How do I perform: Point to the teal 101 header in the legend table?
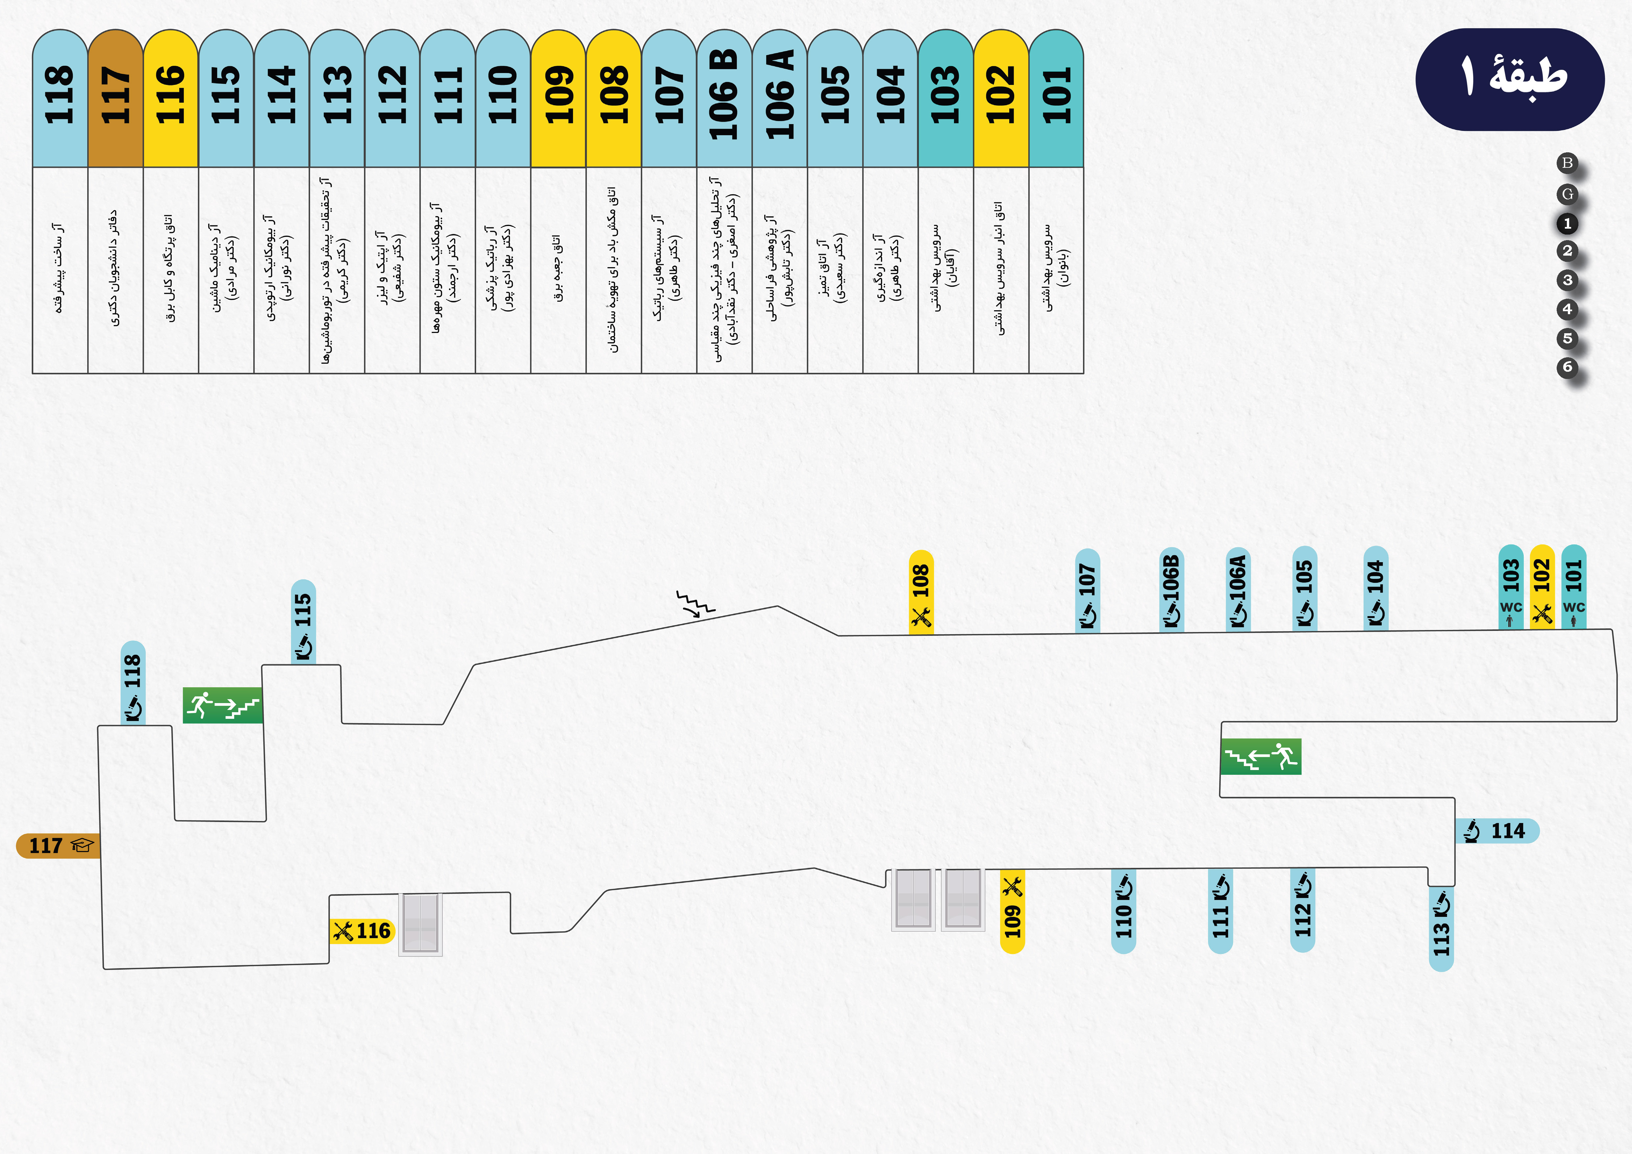1056,98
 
